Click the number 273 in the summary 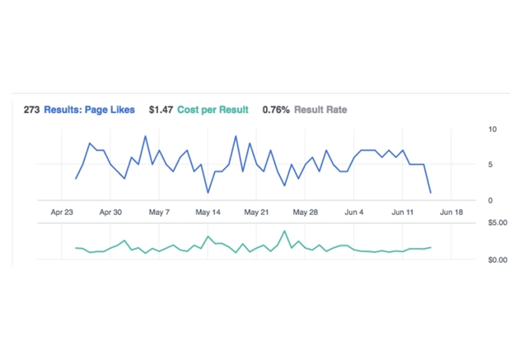(x=31, y=110)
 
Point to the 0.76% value (x=275, y=110)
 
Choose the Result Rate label (x=320, y=110)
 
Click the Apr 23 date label (x=63, y=212)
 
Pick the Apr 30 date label (x=110, y=212)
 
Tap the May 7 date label (x=159, y=212)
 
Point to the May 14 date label (x=208, y=212)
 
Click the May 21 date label (x=256, y=212)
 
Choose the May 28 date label (x=305, y=212)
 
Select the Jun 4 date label (x=353, y=212)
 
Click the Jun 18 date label (x=451, y=212)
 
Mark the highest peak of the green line (x=284, y=231)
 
